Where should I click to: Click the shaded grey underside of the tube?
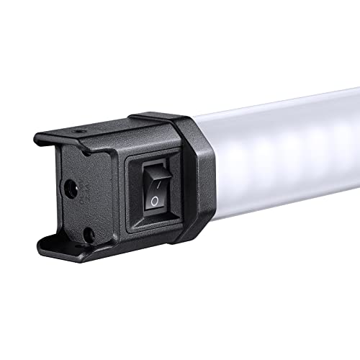coord(288,191)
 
